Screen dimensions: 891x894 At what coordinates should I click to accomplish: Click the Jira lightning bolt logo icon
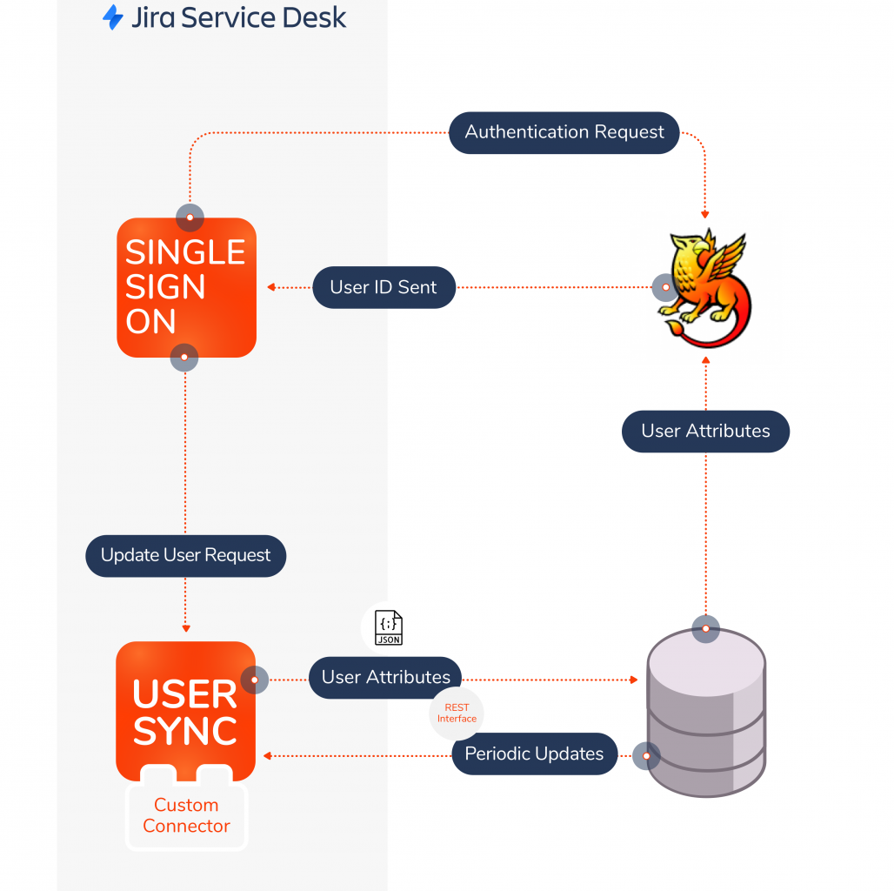click(x=113, y=17)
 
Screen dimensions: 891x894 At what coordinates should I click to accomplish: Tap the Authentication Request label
click(x=564, y=132)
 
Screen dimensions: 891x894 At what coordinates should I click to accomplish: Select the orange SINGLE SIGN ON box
click(x=186, y=287)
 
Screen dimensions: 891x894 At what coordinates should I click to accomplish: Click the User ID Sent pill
click(x=384, y=287)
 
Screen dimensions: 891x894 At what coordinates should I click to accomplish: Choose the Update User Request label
click(x=185, y=555)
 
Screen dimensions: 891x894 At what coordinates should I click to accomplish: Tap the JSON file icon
click(x=388, y=627)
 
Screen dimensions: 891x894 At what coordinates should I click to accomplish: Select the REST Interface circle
click(x=457, y=713)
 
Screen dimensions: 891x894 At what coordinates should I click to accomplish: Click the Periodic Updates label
click(x=534, y=754)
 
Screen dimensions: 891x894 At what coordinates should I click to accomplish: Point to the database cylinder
click(x=706, y=713)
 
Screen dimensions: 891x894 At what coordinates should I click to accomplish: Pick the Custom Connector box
click(x=186, y=815)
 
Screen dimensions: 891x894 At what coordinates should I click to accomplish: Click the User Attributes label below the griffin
click(x=705, y=431)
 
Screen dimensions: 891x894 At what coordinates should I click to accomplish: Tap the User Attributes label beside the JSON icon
click(x=385, y=677)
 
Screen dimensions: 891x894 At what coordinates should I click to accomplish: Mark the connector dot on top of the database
click(x=705, y=628)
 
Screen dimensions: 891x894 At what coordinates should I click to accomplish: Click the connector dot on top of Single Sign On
click(x=190, y=218)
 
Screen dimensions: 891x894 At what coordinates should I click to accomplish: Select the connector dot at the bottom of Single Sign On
click(x=183, y=357)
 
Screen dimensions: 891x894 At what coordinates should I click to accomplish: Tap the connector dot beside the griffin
click(x=665, y=287)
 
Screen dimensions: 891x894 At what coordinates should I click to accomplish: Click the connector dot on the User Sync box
click(x=254, y=680)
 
